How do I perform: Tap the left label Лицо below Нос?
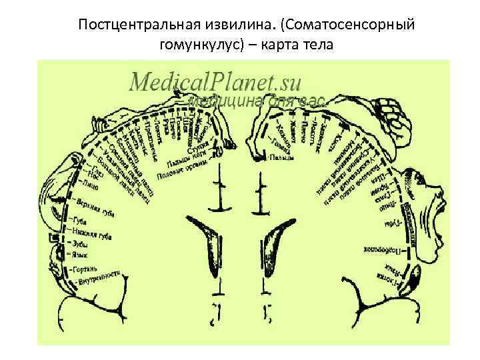pyautogui.click(x=89, y=180)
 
